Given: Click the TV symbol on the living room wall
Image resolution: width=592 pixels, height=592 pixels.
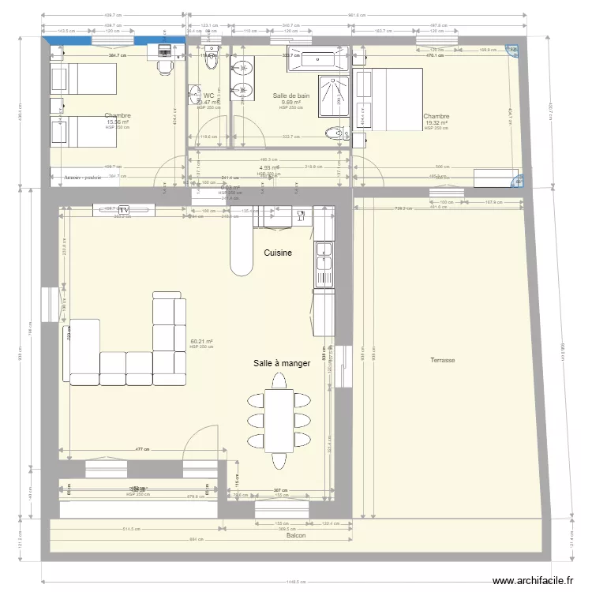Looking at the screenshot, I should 123,209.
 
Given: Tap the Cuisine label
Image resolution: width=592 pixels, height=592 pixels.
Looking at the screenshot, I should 278,253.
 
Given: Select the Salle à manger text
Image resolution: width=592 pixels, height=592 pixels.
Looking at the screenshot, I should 282,363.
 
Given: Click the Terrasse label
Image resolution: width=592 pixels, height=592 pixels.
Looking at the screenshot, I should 442,360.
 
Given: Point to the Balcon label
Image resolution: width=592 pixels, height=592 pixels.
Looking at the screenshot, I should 295,535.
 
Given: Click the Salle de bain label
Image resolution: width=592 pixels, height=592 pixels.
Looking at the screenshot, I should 290,96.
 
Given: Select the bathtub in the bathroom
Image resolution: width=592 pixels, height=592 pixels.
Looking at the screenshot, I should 317,58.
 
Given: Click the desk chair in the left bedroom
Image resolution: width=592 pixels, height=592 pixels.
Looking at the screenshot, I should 164,67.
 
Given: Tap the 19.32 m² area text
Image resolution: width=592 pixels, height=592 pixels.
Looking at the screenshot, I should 436,122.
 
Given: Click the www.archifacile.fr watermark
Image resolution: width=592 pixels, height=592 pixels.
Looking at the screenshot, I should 532,581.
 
